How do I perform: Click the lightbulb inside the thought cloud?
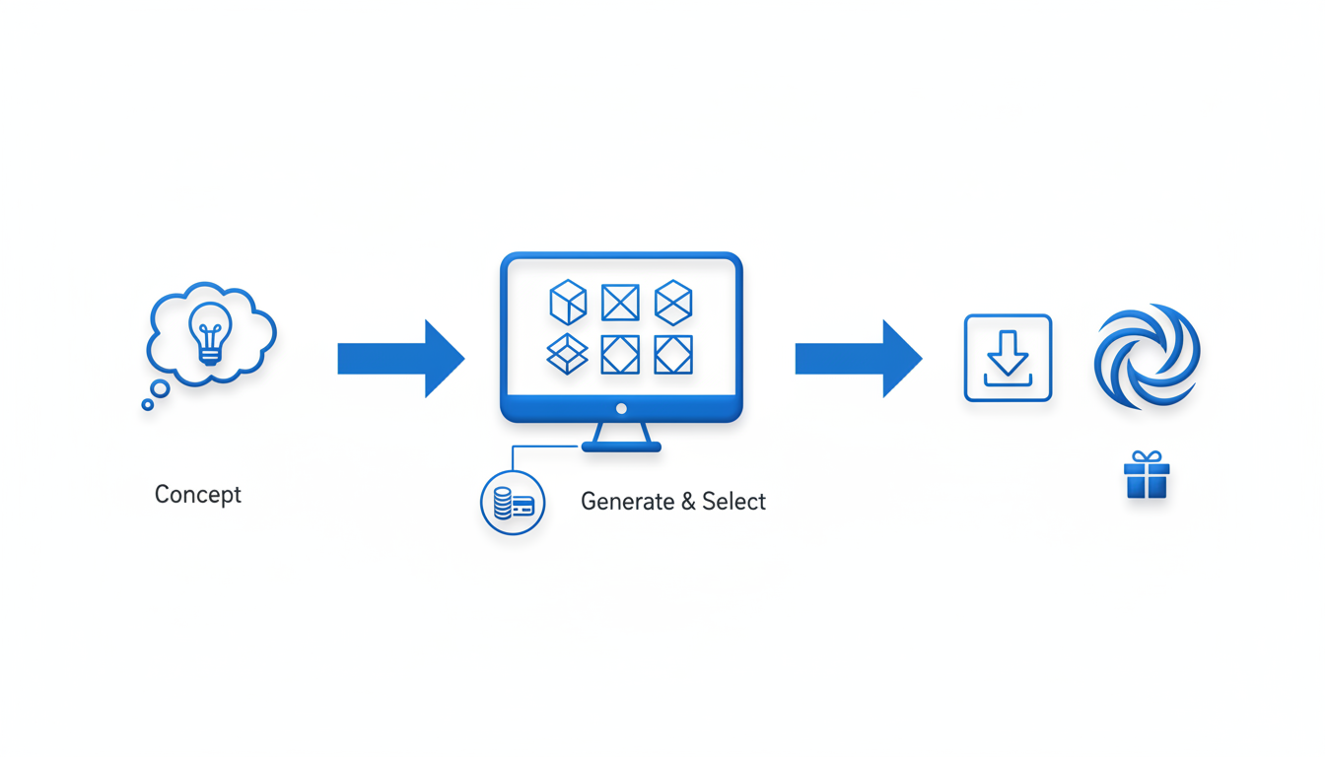(210, 331)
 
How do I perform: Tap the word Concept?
(198, 494)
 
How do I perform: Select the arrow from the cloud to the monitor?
(399, 359)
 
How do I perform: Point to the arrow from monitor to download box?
(857, 359)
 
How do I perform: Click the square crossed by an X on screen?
(620, 303)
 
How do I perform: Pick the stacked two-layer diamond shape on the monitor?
(567, 355)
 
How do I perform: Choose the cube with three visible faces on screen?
(568, 302)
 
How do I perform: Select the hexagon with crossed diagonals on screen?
(673, 302)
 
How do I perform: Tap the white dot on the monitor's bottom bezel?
(621, 408)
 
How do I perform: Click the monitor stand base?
(621, 447)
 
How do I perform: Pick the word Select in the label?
(734, 502)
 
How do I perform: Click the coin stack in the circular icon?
(503, 504)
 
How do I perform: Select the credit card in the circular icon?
(523, 506)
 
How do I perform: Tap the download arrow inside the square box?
(1008, 354)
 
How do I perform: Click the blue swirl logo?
(1147, 357)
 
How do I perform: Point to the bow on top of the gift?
(1147, 457)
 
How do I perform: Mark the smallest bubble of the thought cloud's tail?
(148, 404)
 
